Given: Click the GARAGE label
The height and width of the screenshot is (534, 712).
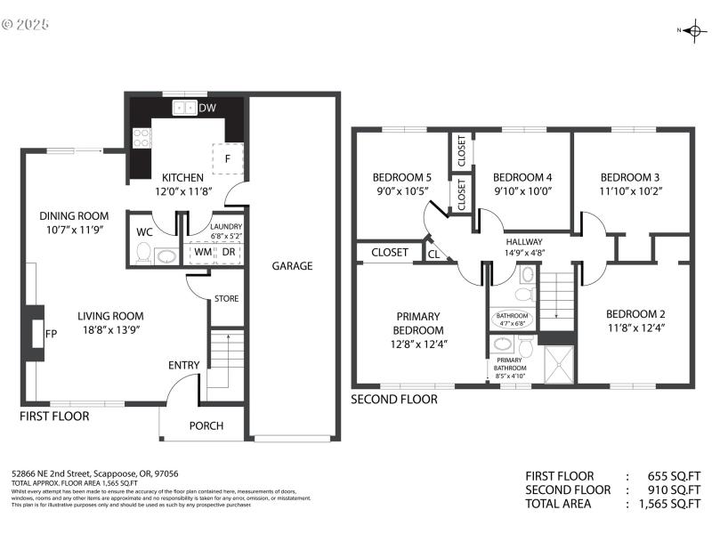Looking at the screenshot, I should (292, 265).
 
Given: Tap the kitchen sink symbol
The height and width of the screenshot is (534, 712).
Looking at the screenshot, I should (185, 108).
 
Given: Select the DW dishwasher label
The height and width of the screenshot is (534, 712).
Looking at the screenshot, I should (206, 109).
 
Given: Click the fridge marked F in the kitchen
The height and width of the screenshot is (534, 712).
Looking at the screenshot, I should (227, 158).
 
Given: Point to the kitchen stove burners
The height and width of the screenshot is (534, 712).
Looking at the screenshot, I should (141, 137).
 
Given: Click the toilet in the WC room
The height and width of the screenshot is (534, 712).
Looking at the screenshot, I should (142, 255).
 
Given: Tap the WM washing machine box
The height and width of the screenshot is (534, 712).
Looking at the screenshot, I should (203, 252).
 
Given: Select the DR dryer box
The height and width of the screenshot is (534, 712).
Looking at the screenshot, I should (229, 252).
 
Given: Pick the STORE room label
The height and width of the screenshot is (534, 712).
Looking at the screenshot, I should (226, 298).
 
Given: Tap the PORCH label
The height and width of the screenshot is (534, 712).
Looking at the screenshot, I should (206, 425).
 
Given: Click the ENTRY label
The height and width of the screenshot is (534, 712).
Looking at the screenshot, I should (184, 365).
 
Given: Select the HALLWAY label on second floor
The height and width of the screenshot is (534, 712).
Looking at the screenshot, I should (523, 242).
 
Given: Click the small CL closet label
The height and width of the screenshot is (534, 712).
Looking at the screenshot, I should (433, 254).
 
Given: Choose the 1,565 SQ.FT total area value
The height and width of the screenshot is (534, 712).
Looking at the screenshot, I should (673, 504).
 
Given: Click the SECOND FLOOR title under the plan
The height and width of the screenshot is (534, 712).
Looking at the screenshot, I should (394, 400).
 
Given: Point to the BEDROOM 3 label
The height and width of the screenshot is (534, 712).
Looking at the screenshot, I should (629, 176).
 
